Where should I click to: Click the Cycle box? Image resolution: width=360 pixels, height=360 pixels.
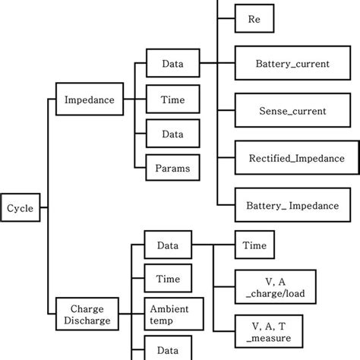click(21, 207)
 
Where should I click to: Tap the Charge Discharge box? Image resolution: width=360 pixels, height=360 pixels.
click(87, 314)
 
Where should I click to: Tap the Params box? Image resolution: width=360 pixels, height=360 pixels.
click(167, 166)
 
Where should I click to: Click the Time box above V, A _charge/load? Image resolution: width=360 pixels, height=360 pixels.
click(253, 246)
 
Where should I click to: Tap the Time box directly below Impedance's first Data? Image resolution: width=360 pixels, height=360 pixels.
click(167, 99)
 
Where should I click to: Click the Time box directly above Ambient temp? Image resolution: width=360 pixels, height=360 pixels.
click(167, 279)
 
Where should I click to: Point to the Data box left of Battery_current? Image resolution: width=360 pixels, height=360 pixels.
click(167, 65)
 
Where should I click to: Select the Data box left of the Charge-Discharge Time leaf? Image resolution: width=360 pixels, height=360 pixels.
click(167, 246)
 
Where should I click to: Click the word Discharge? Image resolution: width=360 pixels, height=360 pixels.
click(87, 321)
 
